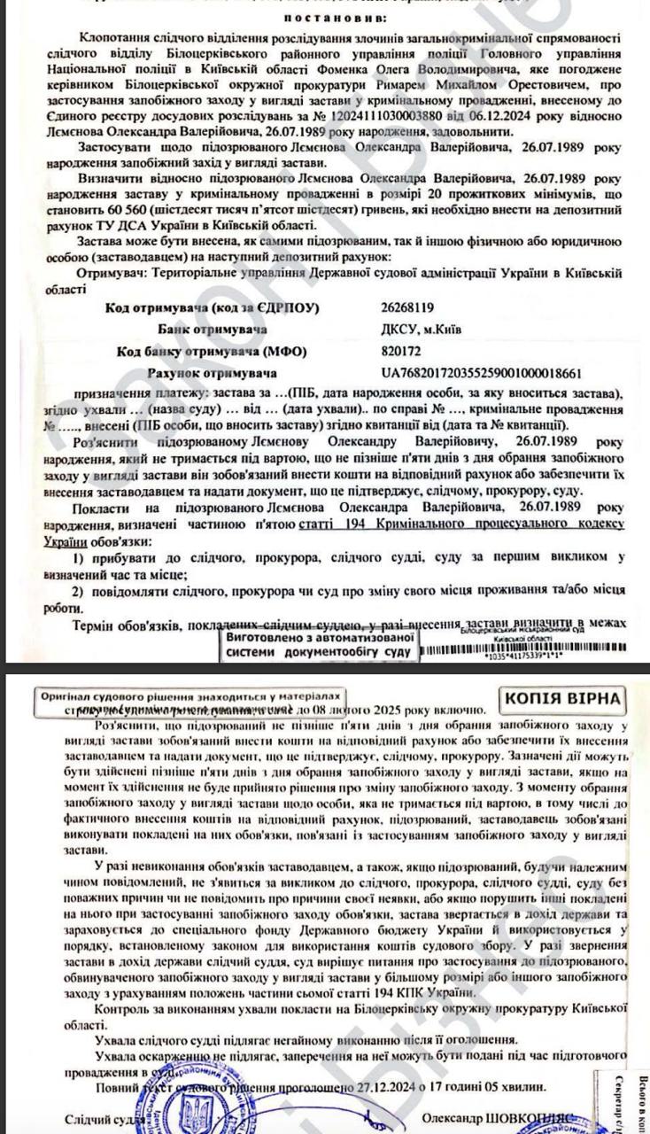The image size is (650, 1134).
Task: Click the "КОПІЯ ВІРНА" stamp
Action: (562, 698)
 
